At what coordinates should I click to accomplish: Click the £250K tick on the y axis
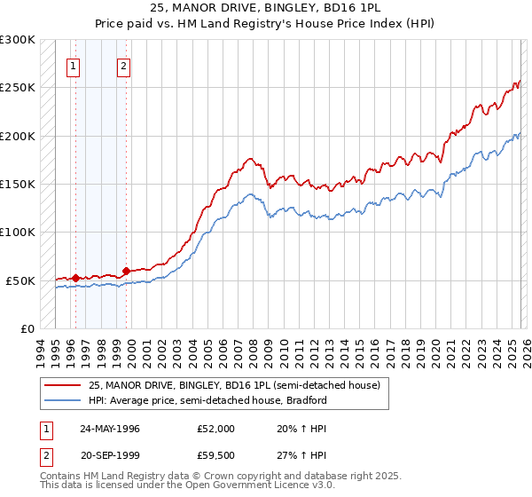[x=18, y=88]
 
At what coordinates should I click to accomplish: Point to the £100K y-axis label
[x=18, y=232]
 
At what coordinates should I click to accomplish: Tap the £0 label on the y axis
[x=27, y=328]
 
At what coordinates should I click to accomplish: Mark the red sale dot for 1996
[x=76, y=278]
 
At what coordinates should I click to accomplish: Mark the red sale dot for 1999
[x=127, y=271]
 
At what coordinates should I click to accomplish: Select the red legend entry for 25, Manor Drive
[x=234, y=385]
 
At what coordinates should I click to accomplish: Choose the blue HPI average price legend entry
[x=207, y=400]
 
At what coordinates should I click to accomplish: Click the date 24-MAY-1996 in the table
[x=109, y=428]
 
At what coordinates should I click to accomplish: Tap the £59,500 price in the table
[x=216, y=456]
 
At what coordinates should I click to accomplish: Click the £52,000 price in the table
[x=216, y=428]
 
